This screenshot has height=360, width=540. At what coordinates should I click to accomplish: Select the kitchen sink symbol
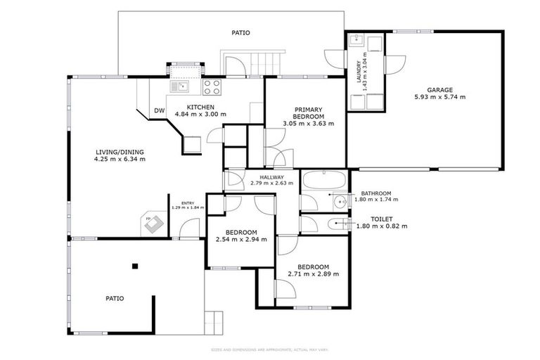coord(179,86)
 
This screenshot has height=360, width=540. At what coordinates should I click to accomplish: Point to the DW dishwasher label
coord(159,110)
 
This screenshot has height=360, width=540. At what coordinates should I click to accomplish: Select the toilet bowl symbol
coord(335,224)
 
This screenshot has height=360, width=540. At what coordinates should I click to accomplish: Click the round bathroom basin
coord(340,202)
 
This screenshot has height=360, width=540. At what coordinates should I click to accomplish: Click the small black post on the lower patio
coord(136,265)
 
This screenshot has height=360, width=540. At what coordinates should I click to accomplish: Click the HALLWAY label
coord(271,177)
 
